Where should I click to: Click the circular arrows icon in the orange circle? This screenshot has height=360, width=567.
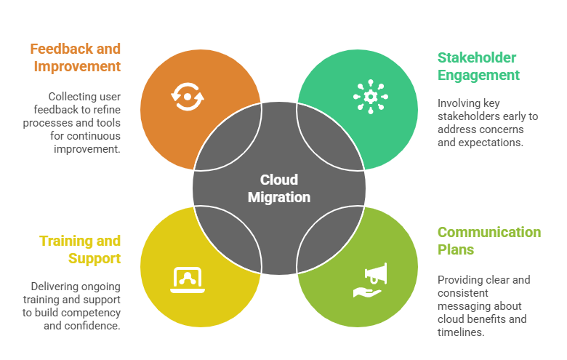(188, 96)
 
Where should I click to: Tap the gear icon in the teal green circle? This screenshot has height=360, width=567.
(371, 96)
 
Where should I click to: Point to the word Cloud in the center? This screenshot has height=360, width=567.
(279, 180)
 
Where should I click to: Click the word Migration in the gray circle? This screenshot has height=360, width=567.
(279, 197)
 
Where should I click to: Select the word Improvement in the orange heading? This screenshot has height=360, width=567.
(76, 67)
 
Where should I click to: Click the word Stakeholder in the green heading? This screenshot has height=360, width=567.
(476, 57)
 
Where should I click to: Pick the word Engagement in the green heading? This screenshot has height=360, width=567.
(478, 75)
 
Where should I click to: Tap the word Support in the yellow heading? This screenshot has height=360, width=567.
(94, 258)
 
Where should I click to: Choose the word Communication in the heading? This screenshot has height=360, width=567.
(488, 232)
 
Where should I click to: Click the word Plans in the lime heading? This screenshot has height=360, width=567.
(456, 249)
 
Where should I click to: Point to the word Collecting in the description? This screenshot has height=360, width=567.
(74, 97)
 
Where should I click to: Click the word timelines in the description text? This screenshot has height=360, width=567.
(461, 332)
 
